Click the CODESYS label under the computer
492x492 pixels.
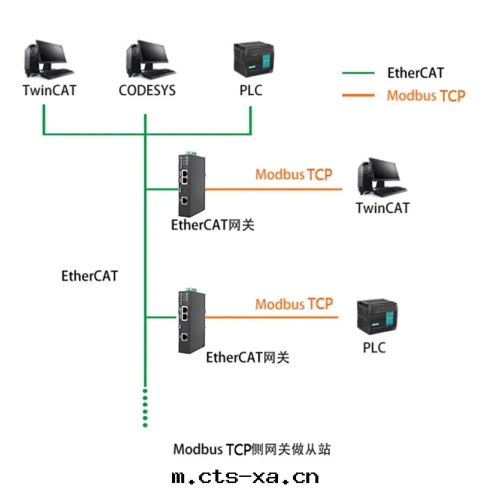pyautogui.click(x=147, y=90)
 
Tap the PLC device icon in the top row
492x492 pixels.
pyautogui.click(x=251, y=61)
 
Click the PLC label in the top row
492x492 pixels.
pyautogui.click(x=251, y=90)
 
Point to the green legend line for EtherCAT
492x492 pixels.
pyautogui.click(x=358, y=73)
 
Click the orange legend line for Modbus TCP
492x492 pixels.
pyautogui.click(x=358, y=95)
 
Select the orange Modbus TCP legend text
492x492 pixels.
pyautogui.click(x=426, y=95)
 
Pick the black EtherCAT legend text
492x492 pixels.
pyautogui.click(x=415, y=73)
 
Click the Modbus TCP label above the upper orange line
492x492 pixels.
pyautogui.click(x=293, y=174)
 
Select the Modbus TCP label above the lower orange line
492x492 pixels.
pyautogui.click(x=293, y=304)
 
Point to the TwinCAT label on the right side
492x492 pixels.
pyautogui.click(x=382, y=208)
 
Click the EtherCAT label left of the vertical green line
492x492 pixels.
pyautogui.click(x=89, y=276)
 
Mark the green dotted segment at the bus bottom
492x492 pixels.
pyautogui.click(x=145, y=407)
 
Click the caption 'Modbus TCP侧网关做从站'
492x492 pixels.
pyautogui.click(x=252, y=450)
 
